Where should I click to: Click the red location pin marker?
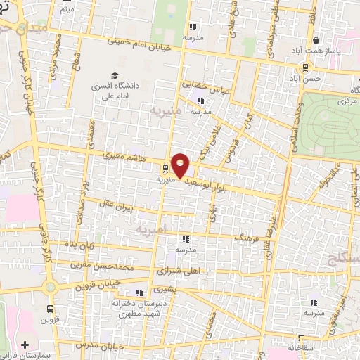[181, 165]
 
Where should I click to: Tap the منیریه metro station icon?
[165, 169]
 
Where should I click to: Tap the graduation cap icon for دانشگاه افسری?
[112, 75]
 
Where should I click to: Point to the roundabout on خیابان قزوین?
[49, 287]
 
